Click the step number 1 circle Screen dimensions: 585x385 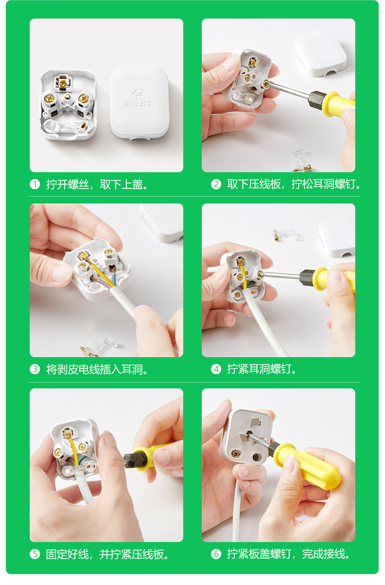click(35, 184)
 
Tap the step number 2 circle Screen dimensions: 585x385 click(216, 184)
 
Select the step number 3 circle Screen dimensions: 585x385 click(35, 369)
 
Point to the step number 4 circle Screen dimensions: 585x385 click(216, 369)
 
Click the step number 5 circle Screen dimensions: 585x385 click(35, 554)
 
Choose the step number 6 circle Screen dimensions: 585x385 click(216, 554)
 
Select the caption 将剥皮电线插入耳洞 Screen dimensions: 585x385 click(97, 369)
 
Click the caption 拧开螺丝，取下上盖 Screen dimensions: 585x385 click(97, 184)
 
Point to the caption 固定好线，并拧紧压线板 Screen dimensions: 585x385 click(108, 554)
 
